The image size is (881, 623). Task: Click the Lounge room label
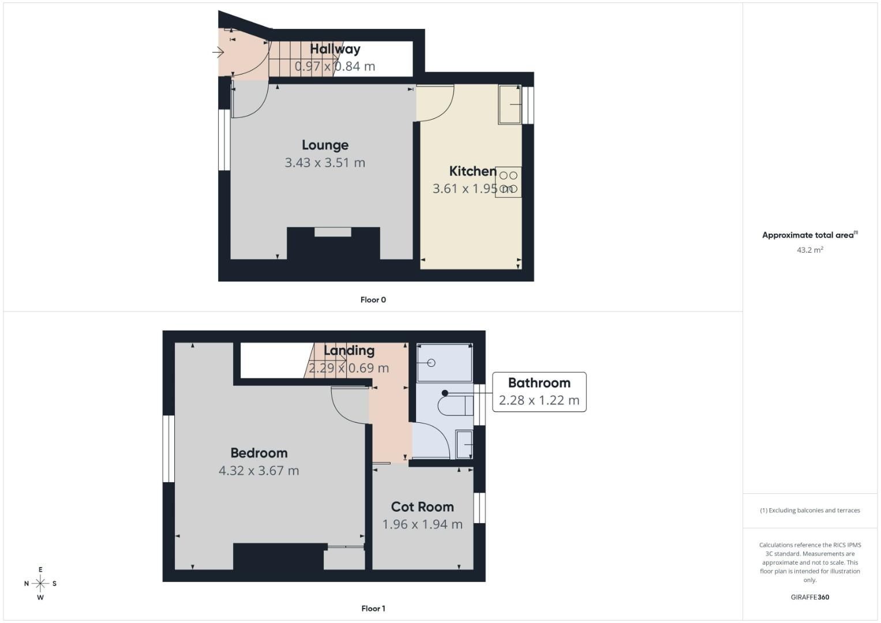pyautogui.click(x=325, y=145)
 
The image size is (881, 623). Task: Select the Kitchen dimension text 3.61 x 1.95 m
pyautogui.click(x=473, y=189)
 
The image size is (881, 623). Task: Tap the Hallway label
pyautogui.click(x=335, y=49)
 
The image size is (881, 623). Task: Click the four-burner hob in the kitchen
pyautogui.click(x=508, y=182)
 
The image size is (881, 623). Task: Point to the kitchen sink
pyautogui.click(x=510, y=104)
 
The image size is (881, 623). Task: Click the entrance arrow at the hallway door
pyautogui.click(x=218, y=52)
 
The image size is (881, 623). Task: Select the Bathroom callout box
pyautogui.click(x=539, y=392)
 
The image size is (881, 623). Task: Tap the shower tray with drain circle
pyautogui.click(x=444, y=363)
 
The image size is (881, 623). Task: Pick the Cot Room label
pyautogui.click(x=422, y=507)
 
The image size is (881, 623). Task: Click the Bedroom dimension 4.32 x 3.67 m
pyautogui.click(x=258, y=471)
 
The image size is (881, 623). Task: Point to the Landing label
pyautogui.click(x=349, y=351)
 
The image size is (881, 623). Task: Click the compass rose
pyautogui.click(x=40, y=583)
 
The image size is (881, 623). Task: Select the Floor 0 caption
pyautogui.click(x=373, y=300)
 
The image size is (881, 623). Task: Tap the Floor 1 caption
pyautogui.click(x=373, y=609)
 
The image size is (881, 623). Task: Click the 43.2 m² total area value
pyautogui.click(x=809, y=250)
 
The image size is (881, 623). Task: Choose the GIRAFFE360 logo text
pyautogui.click(x=809, y=597)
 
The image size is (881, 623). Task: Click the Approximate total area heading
pyautogui.click(x=809, y=235)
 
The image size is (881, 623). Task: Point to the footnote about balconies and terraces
pyautogui.click(x=809, y=511)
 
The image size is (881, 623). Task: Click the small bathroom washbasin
pyautogui.click(x=464, y=445)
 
